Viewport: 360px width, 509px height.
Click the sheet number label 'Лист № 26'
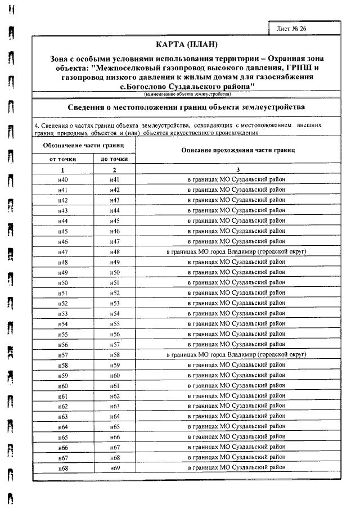point(291,28)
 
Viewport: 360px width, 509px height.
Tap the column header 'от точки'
point(63,159)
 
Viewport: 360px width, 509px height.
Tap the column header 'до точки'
point(114,159)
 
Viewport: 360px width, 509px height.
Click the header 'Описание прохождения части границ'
point(238,150)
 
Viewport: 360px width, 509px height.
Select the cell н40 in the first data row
point(63,179)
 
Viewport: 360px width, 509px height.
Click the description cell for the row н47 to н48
point(236,251)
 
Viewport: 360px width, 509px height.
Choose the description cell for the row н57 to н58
point(236,355)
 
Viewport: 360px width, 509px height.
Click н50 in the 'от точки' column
point(63,282)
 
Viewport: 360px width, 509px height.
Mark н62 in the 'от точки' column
point(63,406)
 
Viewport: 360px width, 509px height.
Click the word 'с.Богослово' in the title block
point(142,87)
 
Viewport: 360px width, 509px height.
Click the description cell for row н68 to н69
point(236,467)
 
